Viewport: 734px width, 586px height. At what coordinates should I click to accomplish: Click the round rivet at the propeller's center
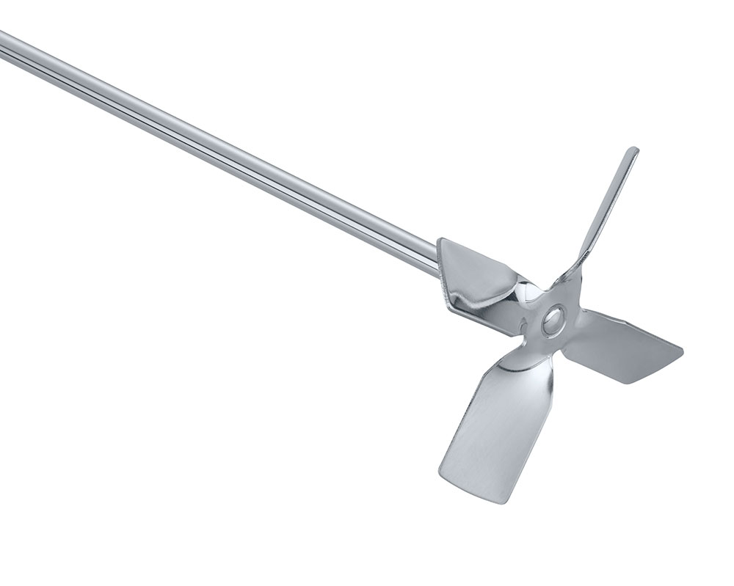[553, 319]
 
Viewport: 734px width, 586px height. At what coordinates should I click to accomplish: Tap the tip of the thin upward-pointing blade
[632, 152]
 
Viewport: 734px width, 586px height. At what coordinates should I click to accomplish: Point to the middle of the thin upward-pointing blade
[608, 205]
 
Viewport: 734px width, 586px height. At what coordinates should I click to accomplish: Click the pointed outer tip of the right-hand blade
[680, 351]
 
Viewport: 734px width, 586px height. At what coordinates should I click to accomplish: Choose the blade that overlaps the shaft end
[477, 279]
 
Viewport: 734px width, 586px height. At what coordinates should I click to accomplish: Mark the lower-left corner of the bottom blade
[442, 473]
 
